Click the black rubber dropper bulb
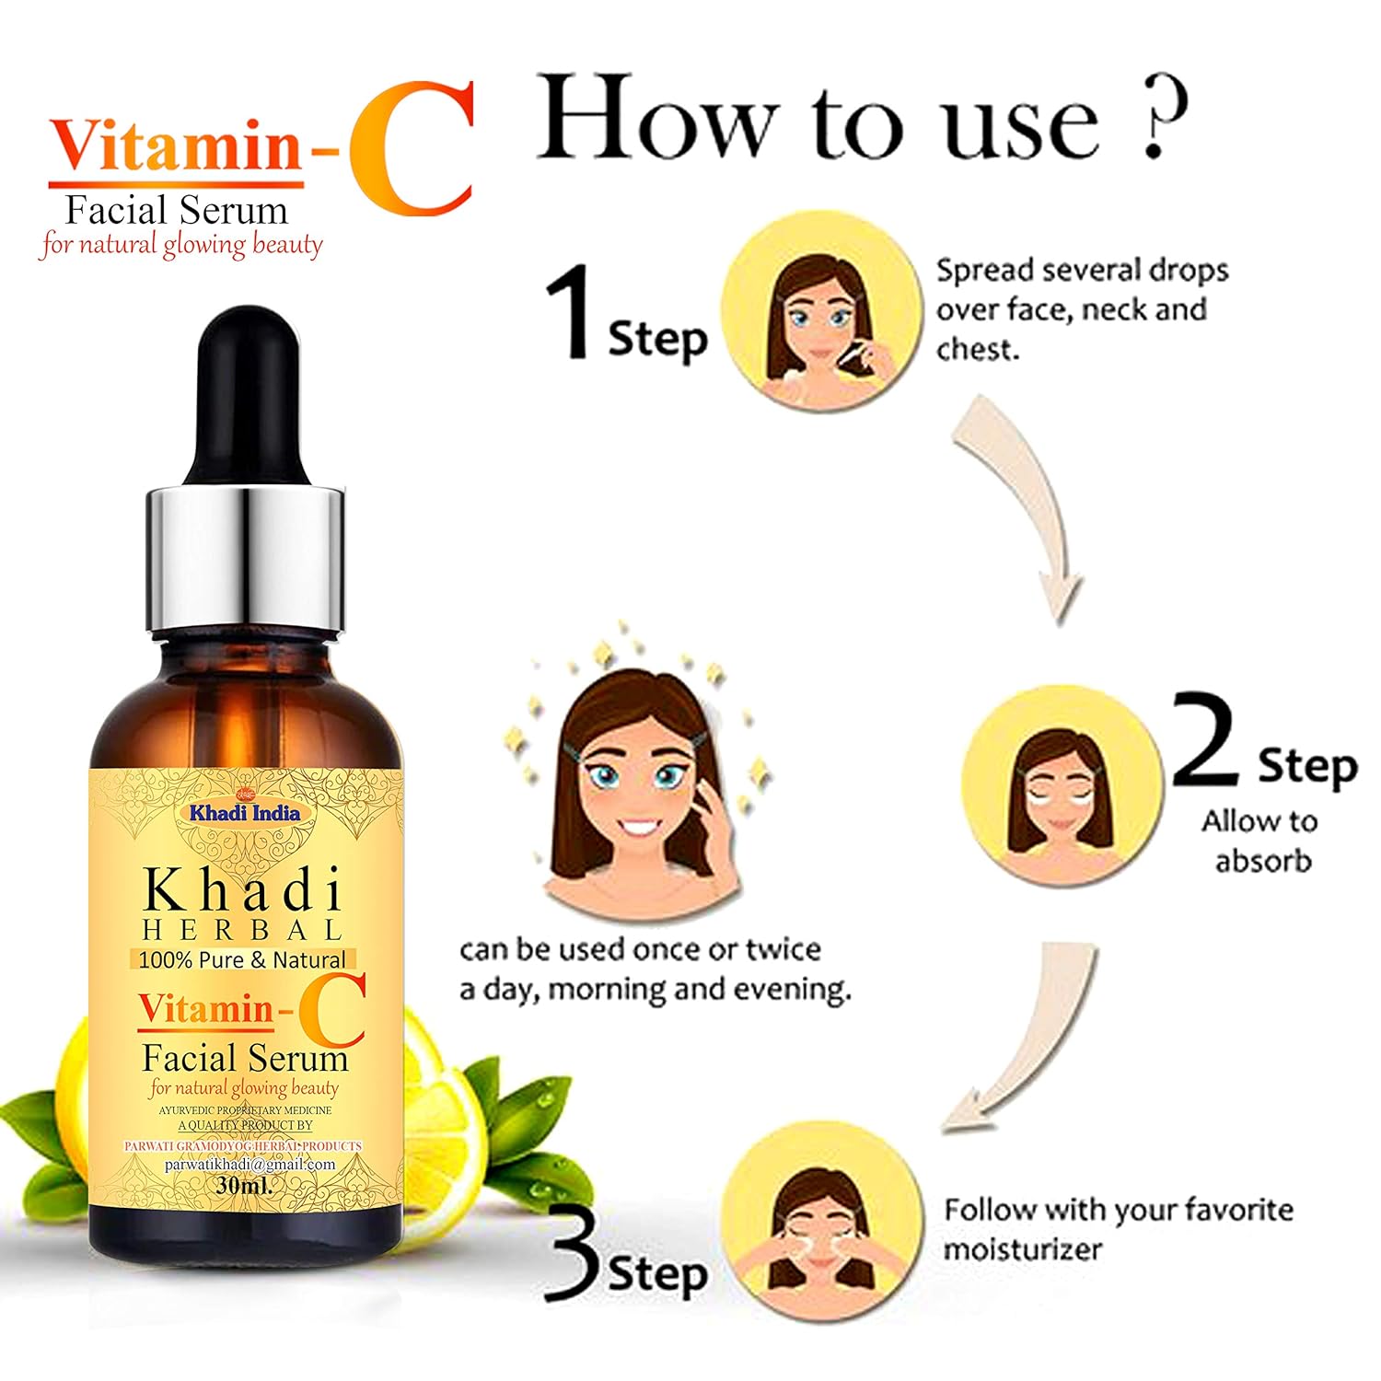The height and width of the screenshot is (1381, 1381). tap(245, 396)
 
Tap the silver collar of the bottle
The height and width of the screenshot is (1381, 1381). tap(245, 562)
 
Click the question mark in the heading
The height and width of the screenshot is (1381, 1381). tap(1163, 115)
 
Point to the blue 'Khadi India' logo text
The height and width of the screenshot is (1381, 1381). tap(245, 813)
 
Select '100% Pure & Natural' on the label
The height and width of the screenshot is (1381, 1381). tap(242, 959)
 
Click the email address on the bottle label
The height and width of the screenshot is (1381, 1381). tap(250, 1164)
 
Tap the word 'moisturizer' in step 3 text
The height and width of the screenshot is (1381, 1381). tap(1022, 1250)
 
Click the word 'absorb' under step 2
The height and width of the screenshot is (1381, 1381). tap(1262, 861)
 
